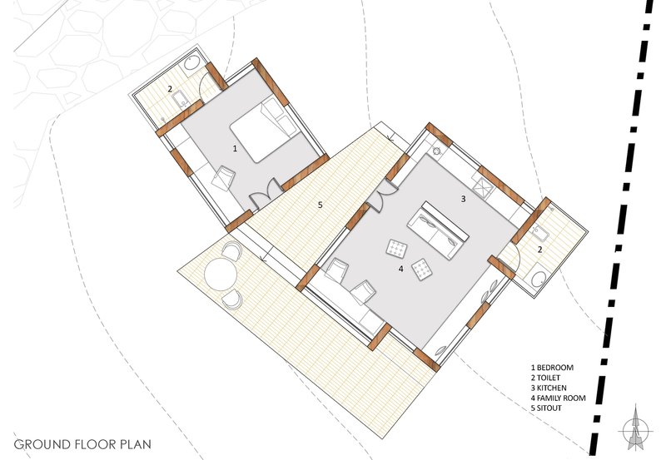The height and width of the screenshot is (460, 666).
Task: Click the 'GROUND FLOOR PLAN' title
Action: coord(82,444)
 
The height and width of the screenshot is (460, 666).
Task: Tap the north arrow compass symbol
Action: coord(635,430)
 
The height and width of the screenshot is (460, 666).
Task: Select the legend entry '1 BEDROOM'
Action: coord(552,368)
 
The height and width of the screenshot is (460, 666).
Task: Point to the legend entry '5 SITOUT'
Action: coord(546,408)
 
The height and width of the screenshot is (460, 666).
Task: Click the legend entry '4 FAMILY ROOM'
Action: coord(558,398)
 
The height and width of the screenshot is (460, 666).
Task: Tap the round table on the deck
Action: coord(221,275)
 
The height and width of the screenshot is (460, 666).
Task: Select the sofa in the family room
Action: coord(438,230)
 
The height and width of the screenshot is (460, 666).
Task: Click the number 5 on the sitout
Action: coord(321,205)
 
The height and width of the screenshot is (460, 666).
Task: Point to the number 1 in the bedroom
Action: coord(235,149)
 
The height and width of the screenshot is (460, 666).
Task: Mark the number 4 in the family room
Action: coord(401,269)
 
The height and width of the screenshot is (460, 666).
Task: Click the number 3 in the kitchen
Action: coord(464,199)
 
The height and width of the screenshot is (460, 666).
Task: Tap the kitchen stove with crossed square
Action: coord(483,187)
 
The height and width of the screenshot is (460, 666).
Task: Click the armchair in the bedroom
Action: coord(223,178)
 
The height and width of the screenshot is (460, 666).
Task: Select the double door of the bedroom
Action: coord(265,195)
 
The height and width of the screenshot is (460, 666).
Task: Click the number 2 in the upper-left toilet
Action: coord(170,89)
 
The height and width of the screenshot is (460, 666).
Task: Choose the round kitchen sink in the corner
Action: coord(438,151)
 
